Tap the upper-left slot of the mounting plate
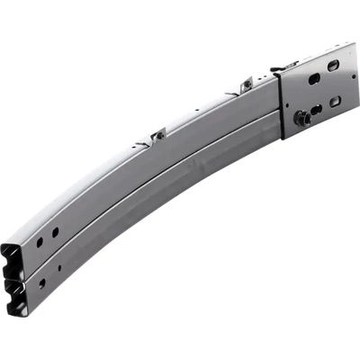[314, 79]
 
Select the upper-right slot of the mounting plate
[334, 66]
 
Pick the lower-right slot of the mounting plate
[336, 101]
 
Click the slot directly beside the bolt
[316, 109]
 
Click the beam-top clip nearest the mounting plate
[245, 85]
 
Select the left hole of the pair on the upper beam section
[39, 242]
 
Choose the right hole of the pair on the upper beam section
[55, 232]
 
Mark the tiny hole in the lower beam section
[59, 267]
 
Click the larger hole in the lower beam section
[41, 283]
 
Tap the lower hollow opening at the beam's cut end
[17, 296]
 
